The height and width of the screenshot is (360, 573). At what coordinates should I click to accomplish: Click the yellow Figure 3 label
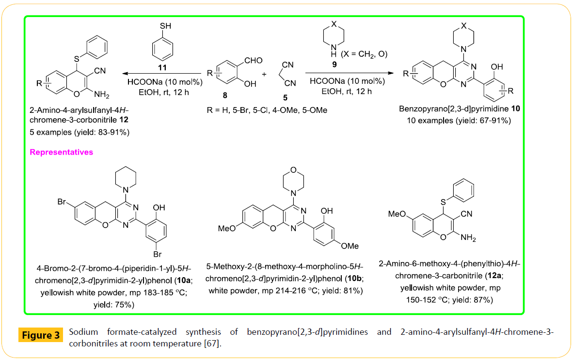pos(41,335)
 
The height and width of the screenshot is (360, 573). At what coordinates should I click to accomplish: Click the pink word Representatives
pos(62,152)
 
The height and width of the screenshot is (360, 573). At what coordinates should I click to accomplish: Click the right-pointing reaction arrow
pos(349,73)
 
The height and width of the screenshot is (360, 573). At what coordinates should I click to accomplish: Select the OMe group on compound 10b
pos(350,246)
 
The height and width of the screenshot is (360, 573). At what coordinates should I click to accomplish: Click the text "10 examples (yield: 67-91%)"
pos(458,121)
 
